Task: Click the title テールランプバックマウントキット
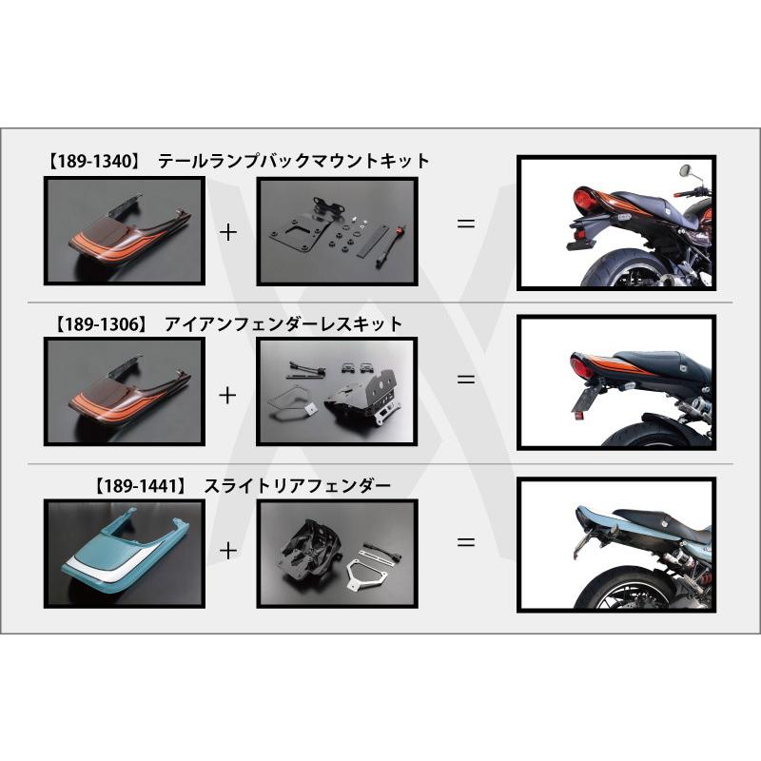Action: coord(294,162)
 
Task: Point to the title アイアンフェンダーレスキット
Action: coord(283,325)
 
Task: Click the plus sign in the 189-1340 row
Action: coord(228,230)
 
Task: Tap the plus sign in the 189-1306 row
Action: coord(228,394)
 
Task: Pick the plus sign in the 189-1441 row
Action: coord(228,549)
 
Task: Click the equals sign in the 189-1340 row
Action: coord(465,225)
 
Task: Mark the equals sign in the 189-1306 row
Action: coord(465,378)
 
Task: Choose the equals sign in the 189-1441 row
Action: coord(465,542)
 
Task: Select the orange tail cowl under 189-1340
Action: coord(125,229)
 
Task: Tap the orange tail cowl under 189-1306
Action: coord(125,392)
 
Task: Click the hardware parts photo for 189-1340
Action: coord(338,229)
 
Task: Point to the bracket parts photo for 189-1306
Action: coord(338,392)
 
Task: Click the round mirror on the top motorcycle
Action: coord(683,172)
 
